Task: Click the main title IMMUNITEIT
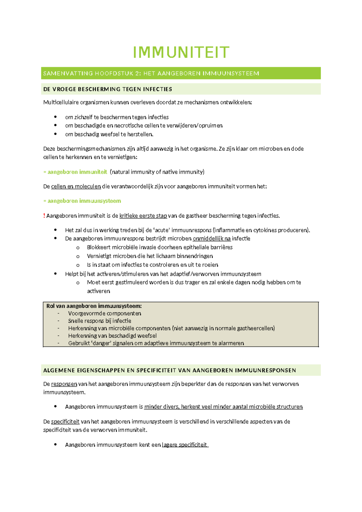tap(181, 52)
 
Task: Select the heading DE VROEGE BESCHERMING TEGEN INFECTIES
tap(108, 89)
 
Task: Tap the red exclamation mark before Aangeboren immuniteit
tap(44, 216)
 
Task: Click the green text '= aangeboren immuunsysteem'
tap(82, 201)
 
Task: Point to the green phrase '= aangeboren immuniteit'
tap(75, 172)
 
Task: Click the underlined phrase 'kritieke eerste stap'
tap(143, 216)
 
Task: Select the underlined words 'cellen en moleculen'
tap(76, 186)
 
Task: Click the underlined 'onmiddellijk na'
tap(211, 238)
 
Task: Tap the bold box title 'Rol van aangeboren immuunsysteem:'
tap(94, 306)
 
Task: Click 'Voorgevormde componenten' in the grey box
tap(104, 313)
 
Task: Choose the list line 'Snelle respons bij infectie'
tap(100, 321)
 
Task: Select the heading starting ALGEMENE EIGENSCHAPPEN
tap(170, 370)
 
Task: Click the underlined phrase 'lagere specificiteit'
tap(185, 445)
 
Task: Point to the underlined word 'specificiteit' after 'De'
tap(65, 421)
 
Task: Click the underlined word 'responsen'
tap(64, 384)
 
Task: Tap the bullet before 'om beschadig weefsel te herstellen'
tap(55, 134)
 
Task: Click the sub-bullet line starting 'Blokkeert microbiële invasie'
tap(160, 247)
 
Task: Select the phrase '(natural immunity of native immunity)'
tap(157, 172)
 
